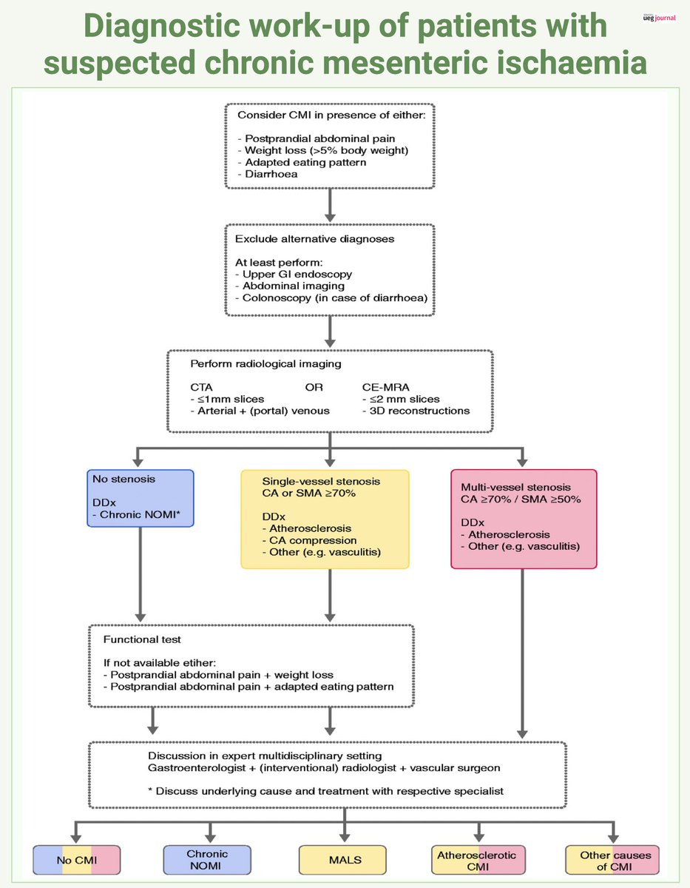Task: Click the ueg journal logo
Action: [659, 18]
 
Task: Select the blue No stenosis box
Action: [141, 498]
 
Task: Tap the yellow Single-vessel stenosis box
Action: [325, 519]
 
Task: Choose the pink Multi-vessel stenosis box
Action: [524, 519]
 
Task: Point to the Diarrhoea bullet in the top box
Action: [268, 174]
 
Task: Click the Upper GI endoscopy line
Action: [293, 275]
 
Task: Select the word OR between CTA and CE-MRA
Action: [314, 387]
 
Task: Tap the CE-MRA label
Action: [385, 387]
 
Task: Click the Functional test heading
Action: [142, 639]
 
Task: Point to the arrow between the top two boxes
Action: [330, 206]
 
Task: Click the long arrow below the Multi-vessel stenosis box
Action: [522, 654]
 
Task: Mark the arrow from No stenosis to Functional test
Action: [141, 574]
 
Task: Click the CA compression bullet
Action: [309, 540]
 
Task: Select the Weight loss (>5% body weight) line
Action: [323, 150]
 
